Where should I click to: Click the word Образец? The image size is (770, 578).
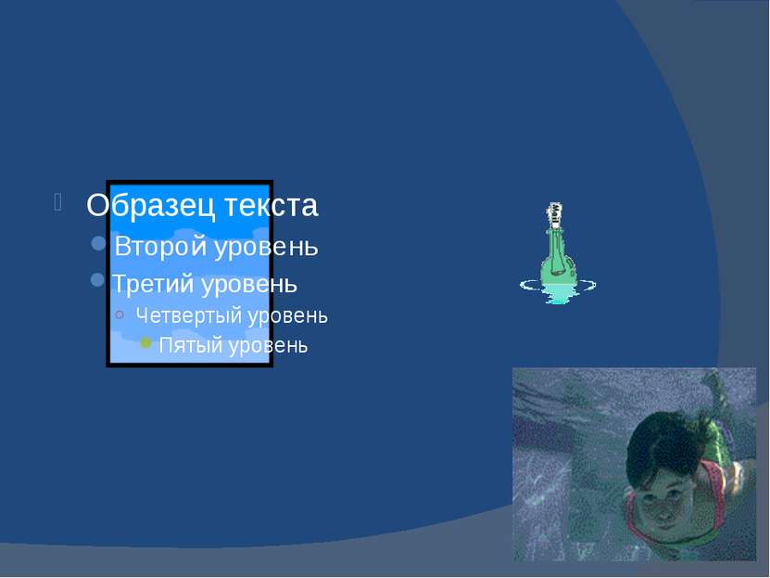tap(151, 205)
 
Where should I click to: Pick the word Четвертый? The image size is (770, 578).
tap(188, 315)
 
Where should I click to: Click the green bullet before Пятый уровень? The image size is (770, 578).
tap(145, 342)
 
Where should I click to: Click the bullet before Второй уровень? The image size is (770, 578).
tap(99, 243)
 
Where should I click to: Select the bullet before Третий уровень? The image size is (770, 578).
tap(97, 280)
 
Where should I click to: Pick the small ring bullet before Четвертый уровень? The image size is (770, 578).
tap(120, 315)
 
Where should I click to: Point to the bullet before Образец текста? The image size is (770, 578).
tap(58, 202)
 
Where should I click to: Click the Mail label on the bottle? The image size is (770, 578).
tap(555, 215)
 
